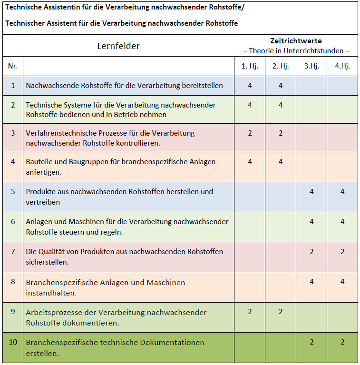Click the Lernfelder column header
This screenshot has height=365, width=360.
click(x=118, y=46)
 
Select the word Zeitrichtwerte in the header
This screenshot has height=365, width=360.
click(x=296, y=41)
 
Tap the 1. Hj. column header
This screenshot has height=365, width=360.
click(x=250, y=66)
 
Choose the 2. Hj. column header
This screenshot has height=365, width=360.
click(x=281, y=66)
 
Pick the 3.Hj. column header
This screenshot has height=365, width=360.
click(x=311, y=66)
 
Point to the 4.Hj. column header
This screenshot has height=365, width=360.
click(x=342, y=66)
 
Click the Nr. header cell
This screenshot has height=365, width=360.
click(x=13, y=66)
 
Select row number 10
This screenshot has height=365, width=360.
click(x=13, y=342)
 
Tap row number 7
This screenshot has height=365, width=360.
click(x=13, y=251)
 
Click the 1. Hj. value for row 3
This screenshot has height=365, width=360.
click(x=250, y=133)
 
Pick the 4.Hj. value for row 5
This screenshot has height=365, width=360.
click(x=342, y=192)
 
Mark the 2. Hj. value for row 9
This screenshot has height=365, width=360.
click(x=281, y=312)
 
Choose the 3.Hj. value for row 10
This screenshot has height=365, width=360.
click(x=311, y=342)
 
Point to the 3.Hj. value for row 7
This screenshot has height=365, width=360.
click(x=311, y=251)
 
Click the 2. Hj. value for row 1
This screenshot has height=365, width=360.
click(x=281, y=86)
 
